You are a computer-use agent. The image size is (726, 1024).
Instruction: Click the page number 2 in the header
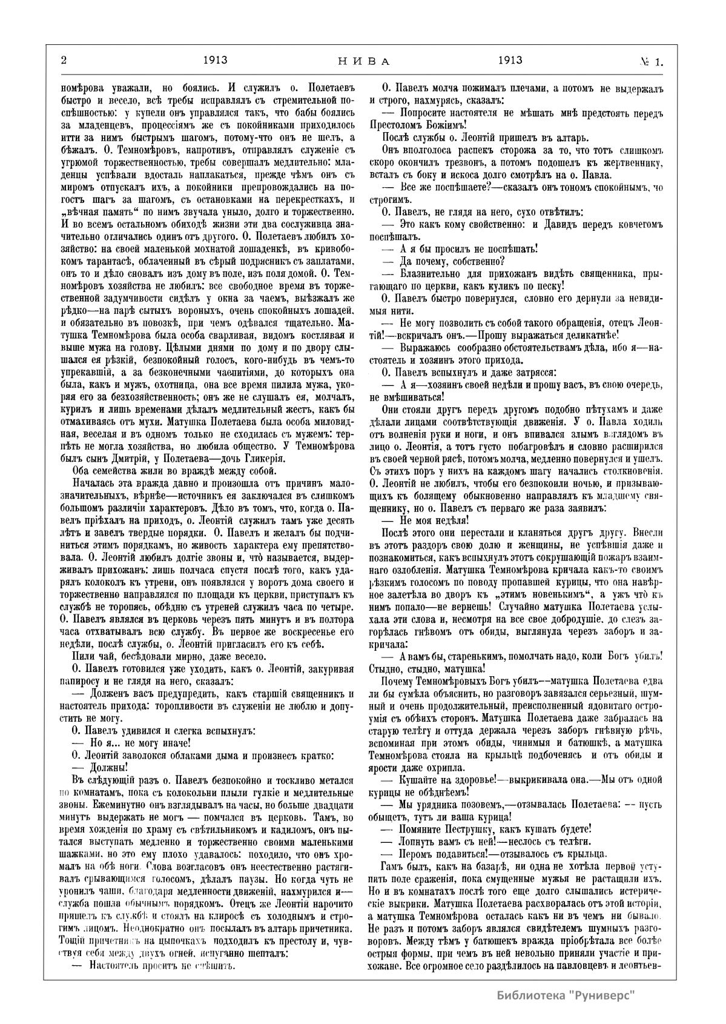[x=63, y=61]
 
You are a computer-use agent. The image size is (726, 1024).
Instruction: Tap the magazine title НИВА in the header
[x=363, y=61]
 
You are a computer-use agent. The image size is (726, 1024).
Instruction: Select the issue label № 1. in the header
[x=651, y=61]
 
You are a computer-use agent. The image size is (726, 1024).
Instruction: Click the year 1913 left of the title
[x=215, y=61]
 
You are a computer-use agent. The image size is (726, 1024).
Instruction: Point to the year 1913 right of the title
[x=510, y=61]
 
